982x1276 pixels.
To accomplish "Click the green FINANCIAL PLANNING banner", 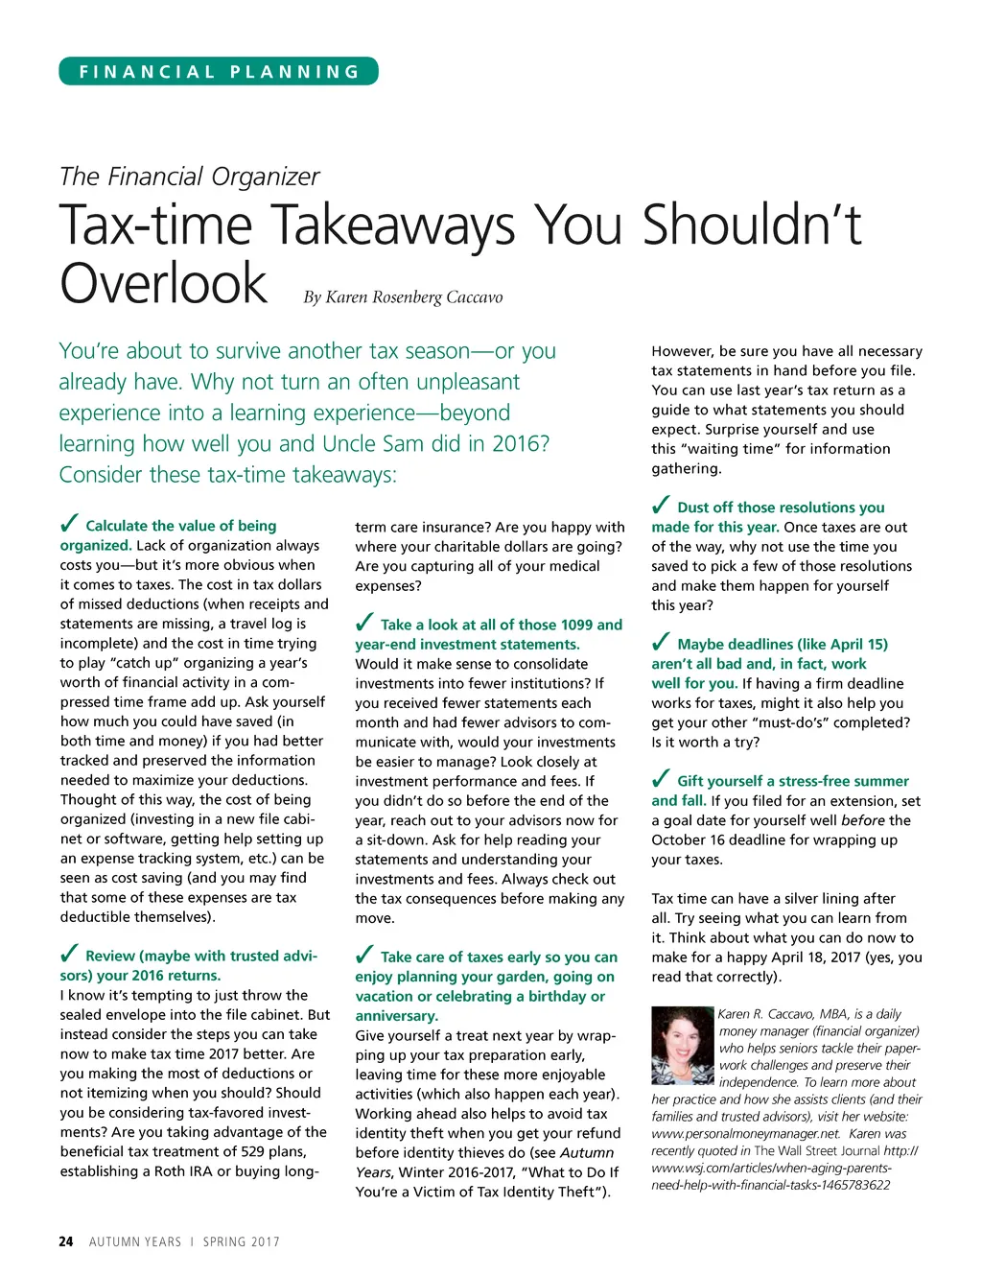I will pos(219,72).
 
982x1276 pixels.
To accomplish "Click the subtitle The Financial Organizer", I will pos(189,177).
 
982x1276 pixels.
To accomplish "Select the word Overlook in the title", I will pos(163,284).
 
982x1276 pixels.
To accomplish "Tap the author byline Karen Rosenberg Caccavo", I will pos(413,297).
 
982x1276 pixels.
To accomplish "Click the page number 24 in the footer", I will pos(65,1241).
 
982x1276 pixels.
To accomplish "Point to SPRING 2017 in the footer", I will pos(241,1241).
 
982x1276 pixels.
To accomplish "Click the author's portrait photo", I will pos(683,1046).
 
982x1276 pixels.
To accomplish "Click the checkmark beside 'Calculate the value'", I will pos(69,523).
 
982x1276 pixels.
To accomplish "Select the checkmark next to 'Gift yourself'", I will pos(661,778).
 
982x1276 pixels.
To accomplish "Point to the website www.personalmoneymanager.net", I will pos(732,1133).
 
